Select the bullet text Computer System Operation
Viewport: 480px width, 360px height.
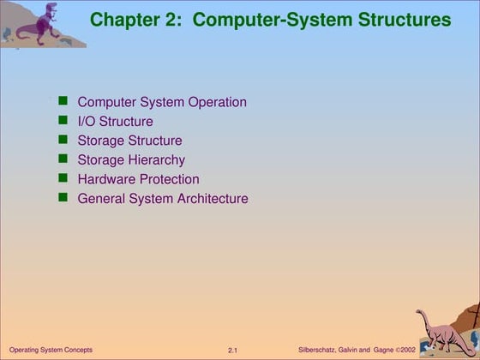(162, 102)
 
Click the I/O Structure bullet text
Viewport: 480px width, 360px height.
(115, 122)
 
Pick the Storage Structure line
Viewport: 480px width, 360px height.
(129, 141)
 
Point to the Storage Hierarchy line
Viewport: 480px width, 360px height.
(131, 159)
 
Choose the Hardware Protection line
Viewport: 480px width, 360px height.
(138, 179)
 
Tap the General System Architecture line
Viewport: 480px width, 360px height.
(163, 199)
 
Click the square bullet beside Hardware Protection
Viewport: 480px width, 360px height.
(63, 178)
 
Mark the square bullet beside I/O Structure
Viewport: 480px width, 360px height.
(63, 121)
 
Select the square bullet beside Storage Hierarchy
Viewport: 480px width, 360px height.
(63, 159)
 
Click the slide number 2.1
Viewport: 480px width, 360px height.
(232, 351)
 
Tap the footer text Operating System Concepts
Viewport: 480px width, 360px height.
(51, 350)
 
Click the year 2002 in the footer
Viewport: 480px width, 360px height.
(406, 350)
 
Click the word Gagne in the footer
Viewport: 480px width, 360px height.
(383, 350)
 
